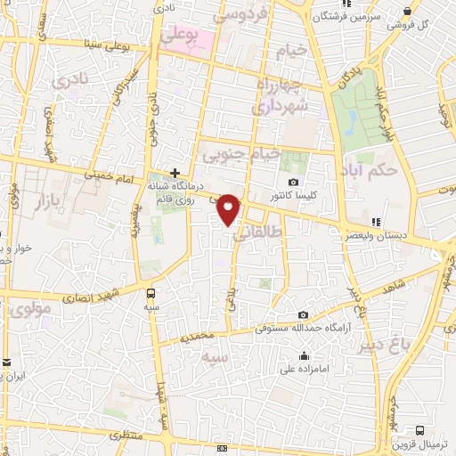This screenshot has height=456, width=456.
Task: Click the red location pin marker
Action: pyautogui.click(x=229, y=208)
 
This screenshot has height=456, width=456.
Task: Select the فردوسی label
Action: pyautogui.click(x=241, y=15)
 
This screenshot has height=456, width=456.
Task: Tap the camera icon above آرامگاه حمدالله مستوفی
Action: pyautogui.click(x=304, y=315)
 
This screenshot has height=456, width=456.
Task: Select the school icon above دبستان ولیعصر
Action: pyautogui.click(x=378, y=222)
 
